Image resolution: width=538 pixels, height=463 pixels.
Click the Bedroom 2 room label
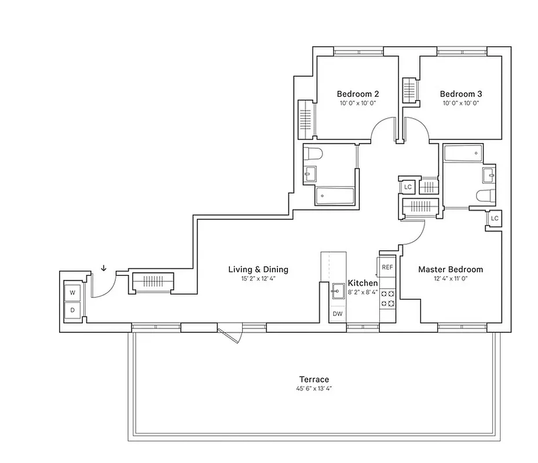tap(357, 94)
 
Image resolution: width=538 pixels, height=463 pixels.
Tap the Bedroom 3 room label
tap(460, 94)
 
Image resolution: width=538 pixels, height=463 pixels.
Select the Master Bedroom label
tap(450, 270)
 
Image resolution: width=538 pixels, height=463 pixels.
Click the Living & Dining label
tap(258, 270)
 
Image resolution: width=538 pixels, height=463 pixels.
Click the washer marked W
tap(73, 293)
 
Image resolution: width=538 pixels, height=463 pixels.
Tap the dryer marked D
tap(73, 310)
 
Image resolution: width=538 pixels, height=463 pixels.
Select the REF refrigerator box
tap(387, 267)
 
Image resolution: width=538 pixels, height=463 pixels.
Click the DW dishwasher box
tap(338, 314)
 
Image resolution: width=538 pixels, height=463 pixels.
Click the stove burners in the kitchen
tap(387, 297)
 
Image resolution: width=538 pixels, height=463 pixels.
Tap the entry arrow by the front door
tap(104, 267)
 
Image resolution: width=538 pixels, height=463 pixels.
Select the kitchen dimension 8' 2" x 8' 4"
tap(363, 293)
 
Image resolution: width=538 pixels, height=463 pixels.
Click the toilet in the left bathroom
tap(313, 155)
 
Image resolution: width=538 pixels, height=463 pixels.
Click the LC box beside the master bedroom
tap(494, 219)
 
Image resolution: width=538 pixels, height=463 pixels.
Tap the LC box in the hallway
tap(408, 187)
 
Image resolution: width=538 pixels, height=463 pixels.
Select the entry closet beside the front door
tap(153, 282)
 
